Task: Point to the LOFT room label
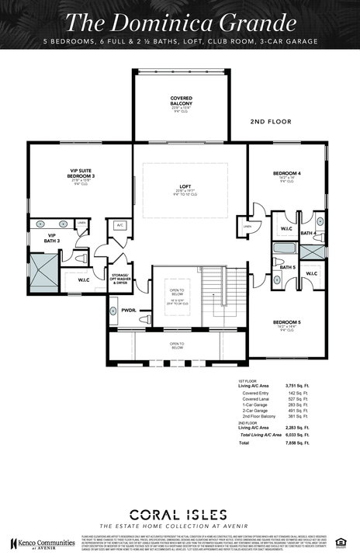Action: click(x=185, y=187)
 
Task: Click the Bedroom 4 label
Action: click(x=286, y=172)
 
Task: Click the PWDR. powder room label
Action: click(x=128, y=310)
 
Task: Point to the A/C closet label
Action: click(x=119, y=225)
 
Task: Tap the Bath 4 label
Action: click(x=306, y=233)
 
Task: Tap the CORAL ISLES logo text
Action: click(x=179, y=513)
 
